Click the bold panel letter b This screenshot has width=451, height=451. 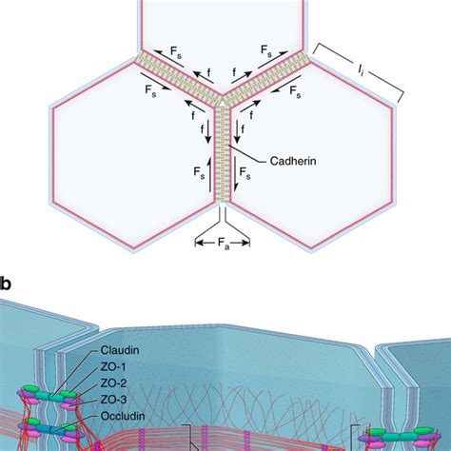[x=6, y=283]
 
